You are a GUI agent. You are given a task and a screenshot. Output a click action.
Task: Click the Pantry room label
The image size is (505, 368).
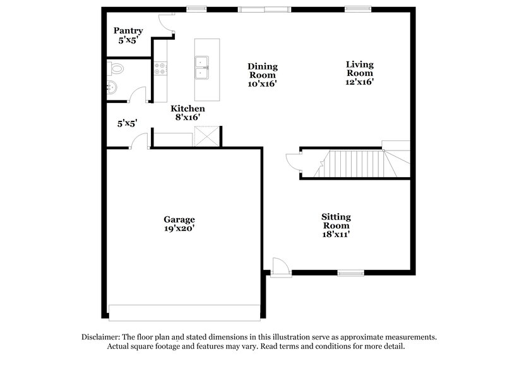pos(128,30)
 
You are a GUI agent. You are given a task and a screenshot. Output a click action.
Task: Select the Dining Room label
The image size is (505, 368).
pos(263,70)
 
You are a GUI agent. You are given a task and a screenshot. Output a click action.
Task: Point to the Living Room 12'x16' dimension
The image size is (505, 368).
pos(360,82)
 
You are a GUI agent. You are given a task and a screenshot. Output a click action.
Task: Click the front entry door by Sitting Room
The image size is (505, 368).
pos(280,266)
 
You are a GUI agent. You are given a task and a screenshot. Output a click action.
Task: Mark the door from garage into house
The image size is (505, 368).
pos(139,142)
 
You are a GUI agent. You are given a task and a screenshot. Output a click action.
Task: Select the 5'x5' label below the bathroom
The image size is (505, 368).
pos(127,124)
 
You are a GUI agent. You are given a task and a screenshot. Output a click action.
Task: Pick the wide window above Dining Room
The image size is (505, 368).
pos(264,8)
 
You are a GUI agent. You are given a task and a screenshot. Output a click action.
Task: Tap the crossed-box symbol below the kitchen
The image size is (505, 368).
pos(206,136)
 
